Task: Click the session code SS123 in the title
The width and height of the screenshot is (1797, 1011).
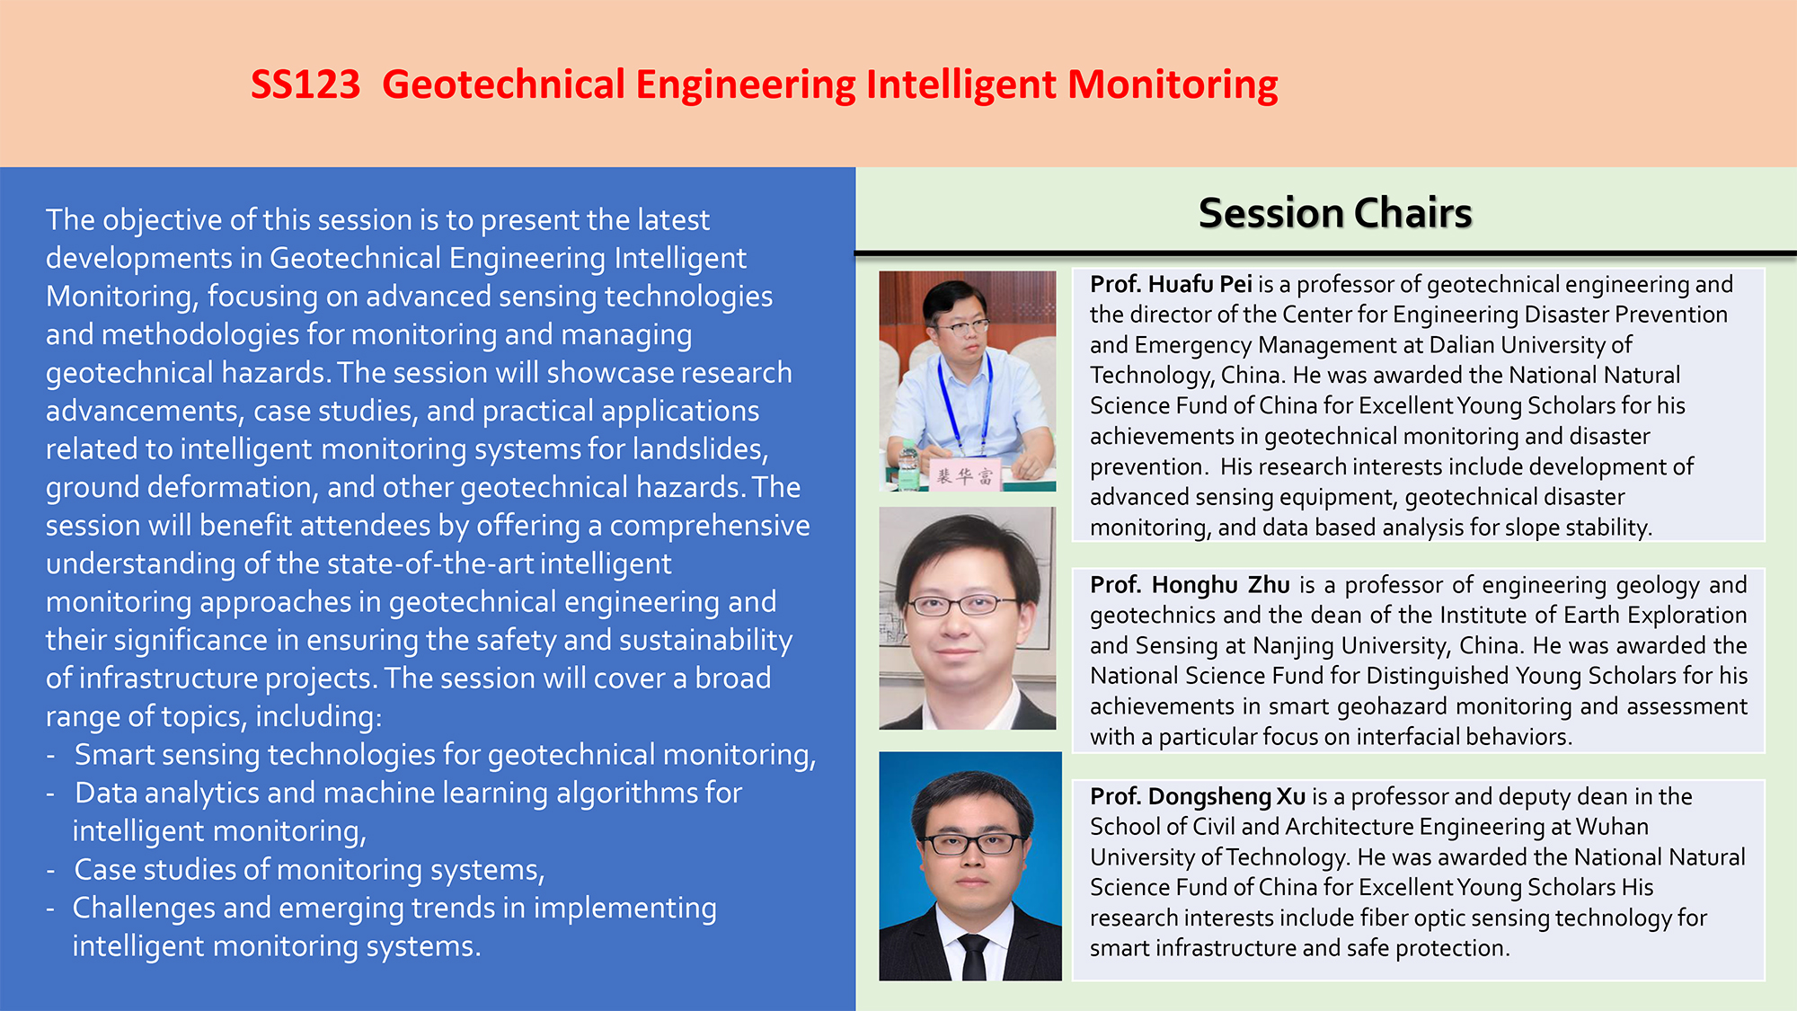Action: tap(305, 84)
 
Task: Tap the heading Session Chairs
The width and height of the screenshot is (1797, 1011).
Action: tap(1335, 213)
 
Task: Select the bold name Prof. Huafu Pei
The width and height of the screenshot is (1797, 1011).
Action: tap(1171, 285)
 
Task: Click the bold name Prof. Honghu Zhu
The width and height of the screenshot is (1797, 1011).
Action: tap(1190, 585)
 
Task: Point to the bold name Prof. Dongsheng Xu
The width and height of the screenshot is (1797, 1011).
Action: tap(1198, 797)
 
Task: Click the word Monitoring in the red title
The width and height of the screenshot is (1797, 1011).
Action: tap(1173, 85)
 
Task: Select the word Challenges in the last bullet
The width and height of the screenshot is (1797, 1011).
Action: tap(143, 909)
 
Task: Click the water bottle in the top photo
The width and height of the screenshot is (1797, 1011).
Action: tap(909, 465)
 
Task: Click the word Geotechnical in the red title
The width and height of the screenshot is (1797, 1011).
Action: tap(503, 85)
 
